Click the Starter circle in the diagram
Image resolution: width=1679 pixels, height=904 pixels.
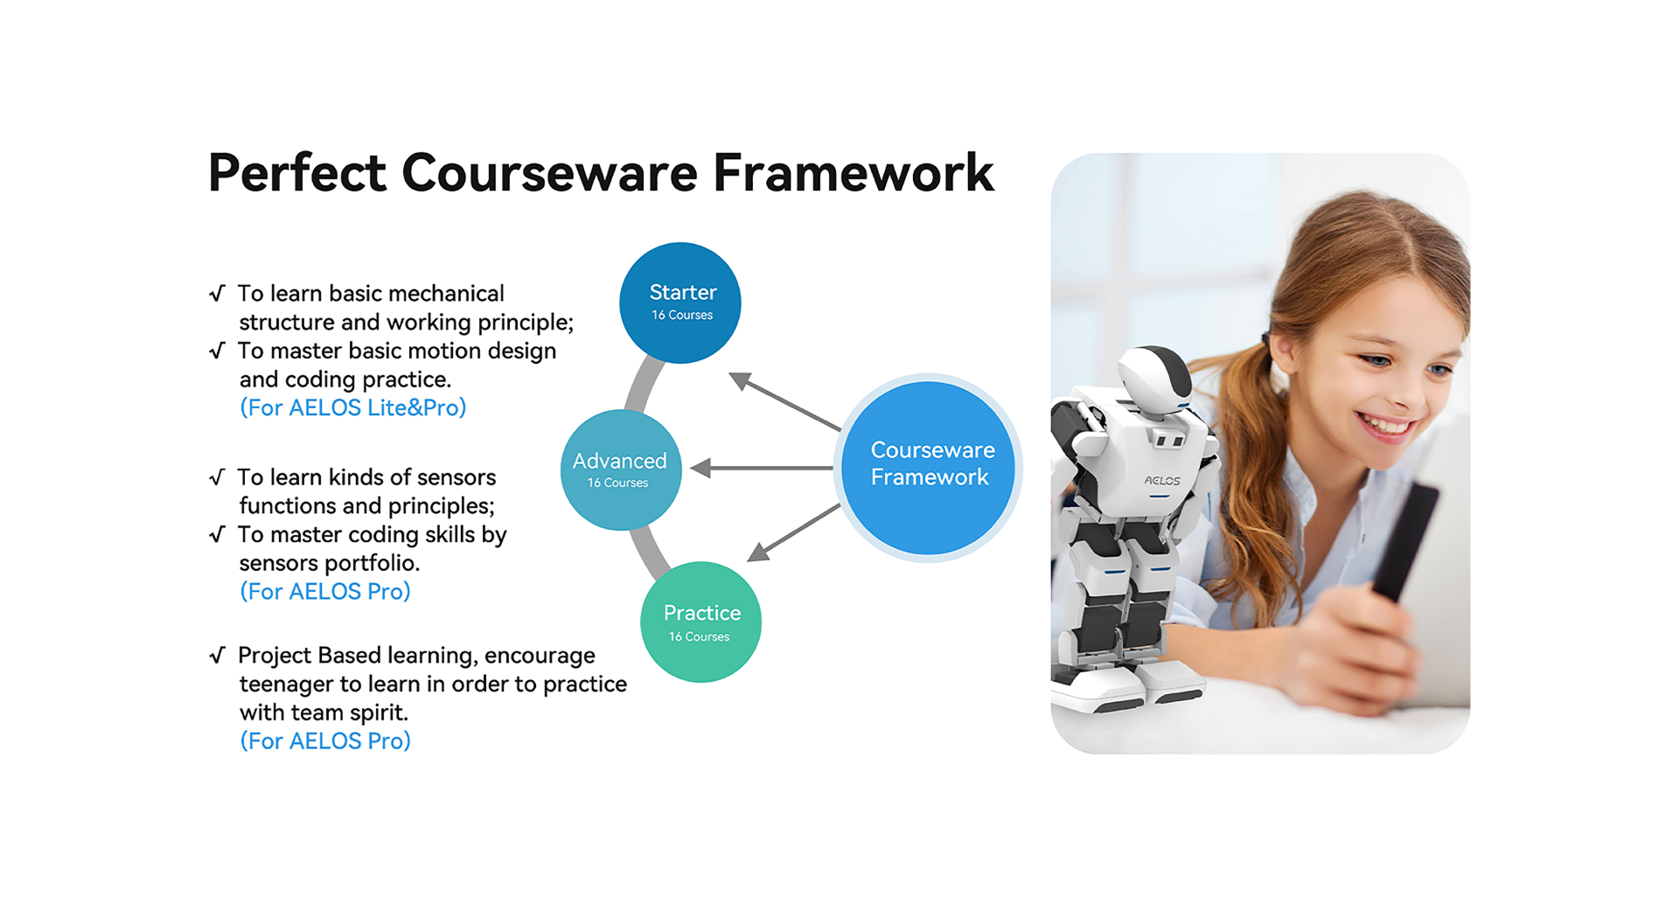(x=680, y=302)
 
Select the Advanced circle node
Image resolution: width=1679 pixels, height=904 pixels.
(x=621, y=469)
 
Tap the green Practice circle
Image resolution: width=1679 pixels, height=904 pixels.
(x=700, y=622)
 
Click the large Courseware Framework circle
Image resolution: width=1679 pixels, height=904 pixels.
(x=928, y=468)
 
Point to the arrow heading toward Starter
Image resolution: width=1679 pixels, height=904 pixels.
(x=784, y=401)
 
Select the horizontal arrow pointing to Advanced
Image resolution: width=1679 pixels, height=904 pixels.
(x=762, y=469)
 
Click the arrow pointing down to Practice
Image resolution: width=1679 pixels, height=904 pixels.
(x=794, y=532)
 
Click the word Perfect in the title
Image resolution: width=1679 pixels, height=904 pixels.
(x=297, y=172)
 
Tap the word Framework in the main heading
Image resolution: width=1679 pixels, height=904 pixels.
(x=853, y=172)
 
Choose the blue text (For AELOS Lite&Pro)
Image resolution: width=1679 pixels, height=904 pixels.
(x=353, y=407)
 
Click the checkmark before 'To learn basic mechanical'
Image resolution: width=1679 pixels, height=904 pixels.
(x=218, y=293)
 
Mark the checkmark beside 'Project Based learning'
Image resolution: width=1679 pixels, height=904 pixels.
(x=218, y=655)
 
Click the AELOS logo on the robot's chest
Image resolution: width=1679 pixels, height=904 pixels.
(x=1162, y=481)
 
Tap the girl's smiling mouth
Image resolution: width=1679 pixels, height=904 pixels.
(x=1387, y=426)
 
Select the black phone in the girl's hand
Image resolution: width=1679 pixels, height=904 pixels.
(x=1404, y=542)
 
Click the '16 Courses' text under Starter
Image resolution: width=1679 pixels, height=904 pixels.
(x=682, y=315)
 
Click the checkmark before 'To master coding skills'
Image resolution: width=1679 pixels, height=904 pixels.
(x=218, y=534)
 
